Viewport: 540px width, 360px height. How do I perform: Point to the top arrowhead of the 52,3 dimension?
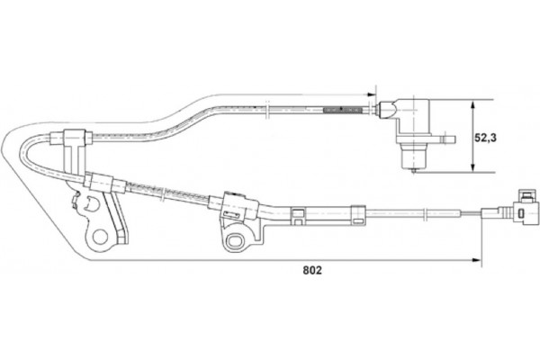(x=475, y=103)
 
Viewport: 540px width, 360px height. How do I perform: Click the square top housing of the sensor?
(x=413, y=109)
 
